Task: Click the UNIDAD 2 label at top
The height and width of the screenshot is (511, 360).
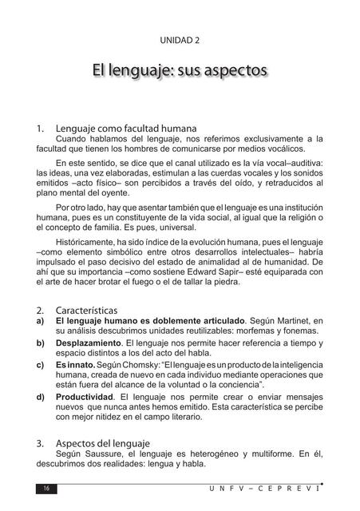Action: pos(180,39)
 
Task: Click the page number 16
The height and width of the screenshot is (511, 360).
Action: pos(46,489)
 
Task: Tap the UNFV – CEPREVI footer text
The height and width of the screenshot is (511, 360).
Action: pos(275,489)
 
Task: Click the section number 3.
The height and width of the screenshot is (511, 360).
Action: pos(41,442)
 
